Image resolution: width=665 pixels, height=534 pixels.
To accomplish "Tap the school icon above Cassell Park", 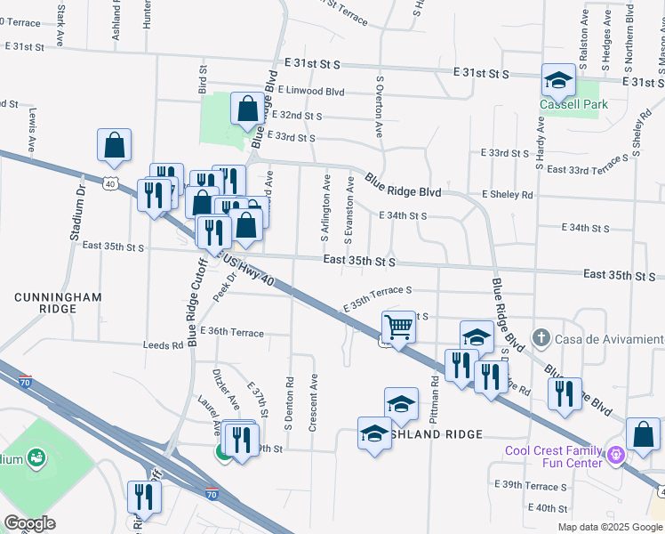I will [558, 82].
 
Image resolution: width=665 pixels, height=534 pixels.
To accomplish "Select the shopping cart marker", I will [398, 327].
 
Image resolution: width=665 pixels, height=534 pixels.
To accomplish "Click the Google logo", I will [29, 523].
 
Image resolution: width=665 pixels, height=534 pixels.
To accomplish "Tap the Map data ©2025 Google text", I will [609, 527].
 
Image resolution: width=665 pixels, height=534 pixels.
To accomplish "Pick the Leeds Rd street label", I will [162, 345].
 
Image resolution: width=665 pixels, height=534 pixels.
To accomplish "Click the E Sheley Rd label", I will [507, 194].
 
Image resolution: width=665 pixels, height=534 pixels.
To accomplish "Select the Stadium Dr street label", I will [77, 214].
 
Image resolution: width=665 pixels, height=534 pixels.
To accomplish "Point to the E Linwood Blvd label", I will [310, 91].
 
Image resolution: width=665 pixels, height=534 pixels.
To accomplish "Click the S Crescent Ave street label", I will [313, 403].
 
